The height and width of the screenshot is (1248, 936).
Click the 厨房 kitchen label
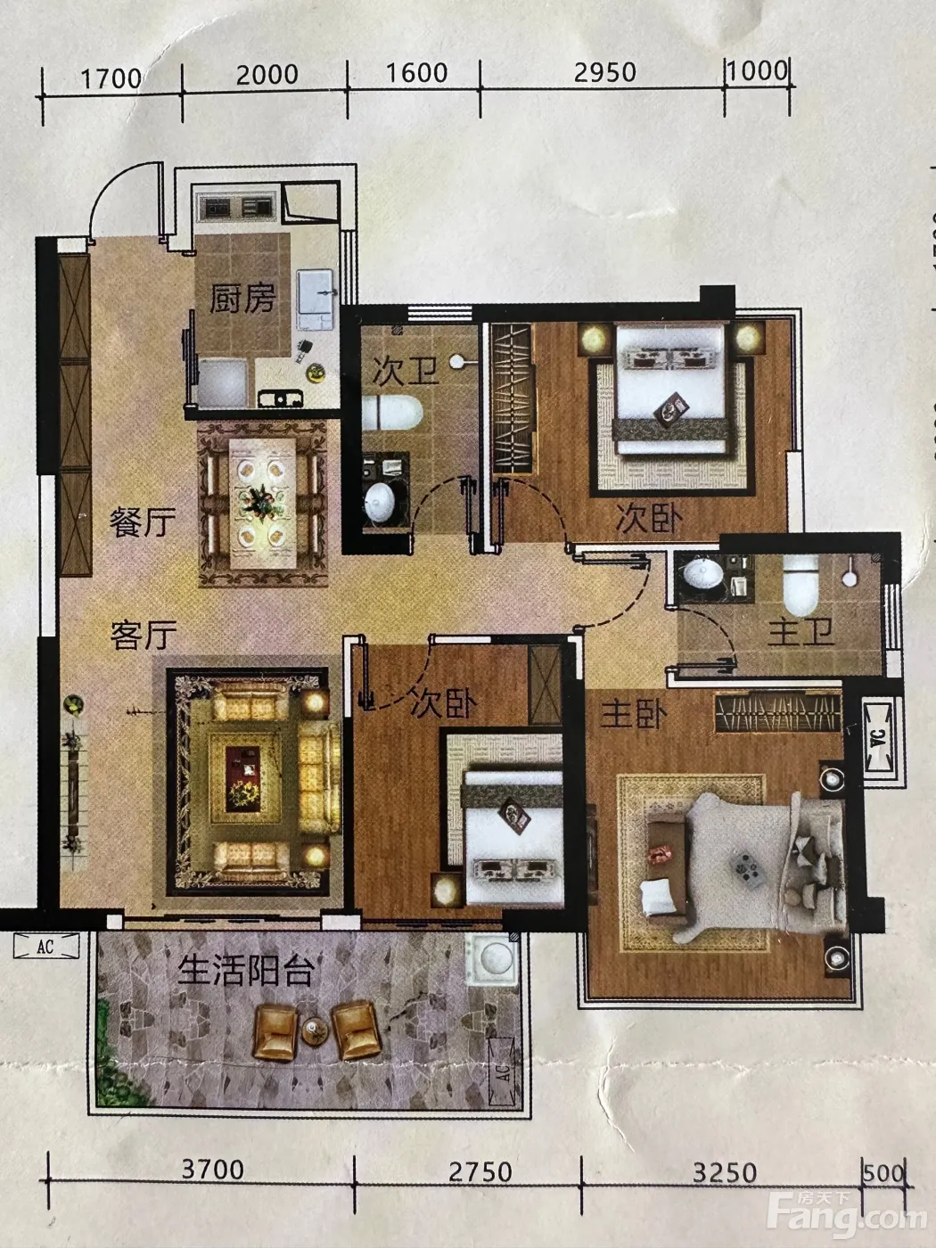pyautogui.click(x=242, y=298)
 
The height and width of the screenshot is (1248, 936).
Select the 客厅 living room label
pyautogui.click(x=144, y=635)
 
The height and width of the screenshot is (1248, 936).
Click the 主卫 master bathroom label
pyautogui.click(x=801, y=632)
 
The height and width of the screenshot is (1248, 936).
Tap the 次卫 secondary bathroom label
pyautogui.click(x=406, y=370)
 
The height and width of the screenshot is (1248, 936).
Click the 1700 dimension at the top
pyautogui.click(x=111, y=78)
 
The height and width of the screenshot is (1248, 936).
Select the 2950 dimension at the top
pyautogui.click(x=604, y=72)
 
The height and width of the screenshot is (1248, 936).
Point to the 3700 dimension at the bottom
pyautogui.click(x=212, y=1170)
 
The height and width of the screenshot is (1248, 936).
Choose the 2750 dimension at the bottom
pyautogui.click(x=480, y=1172)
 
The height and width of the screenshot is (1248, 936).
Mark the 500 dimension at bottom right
pyautogui.click(x=883, y=1173)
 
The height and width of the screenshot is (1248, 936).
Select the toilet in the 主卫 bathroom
pyautogui.click(x=801, y=585)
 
